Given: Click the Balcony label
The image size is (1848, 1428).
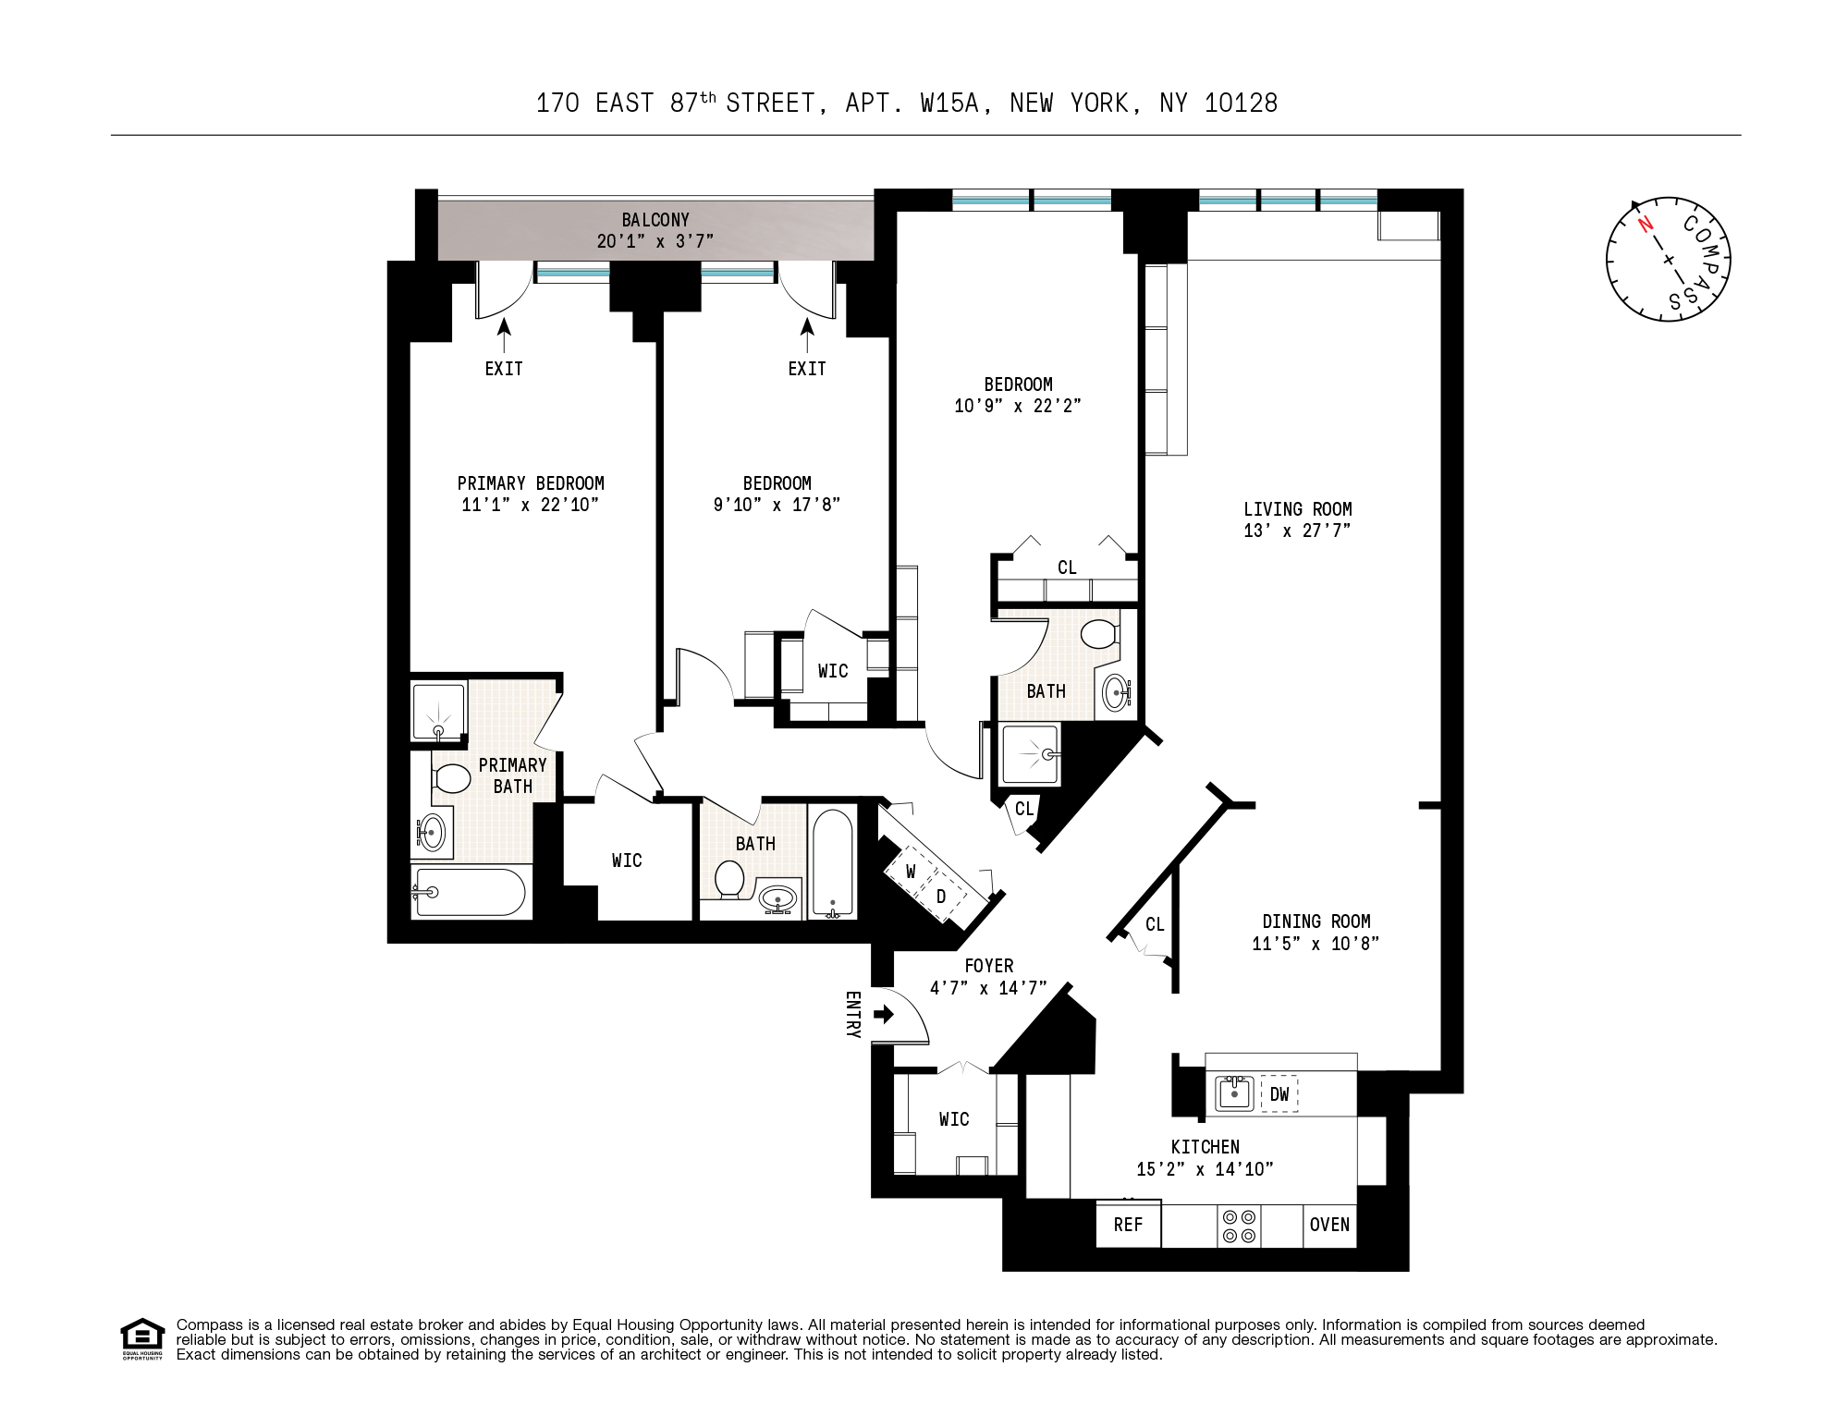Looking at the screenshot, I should click(x=655, y=220).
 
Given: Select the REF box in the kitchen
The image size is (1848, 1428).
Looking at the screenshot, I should click(x=1128, y=1225).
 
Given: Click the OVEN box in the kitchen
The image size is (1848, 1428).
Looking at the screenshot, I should click(x=1329, y=1225).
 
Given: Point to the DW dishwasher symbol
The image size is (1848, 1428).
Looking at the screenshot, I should click(x=1279, y=1094).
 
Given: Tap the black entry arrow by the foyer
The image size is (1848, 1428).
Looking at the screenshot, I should click(x=884, y=1015).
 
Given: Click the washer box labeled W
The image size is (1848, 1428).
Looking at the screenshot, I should click(x=911, y=872).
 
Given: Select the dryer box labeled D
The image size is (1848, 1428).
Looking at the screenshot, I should click(x=941, y=897).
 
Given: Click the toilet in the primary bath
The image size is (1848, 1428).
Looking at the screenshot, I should click(x=451, y=778).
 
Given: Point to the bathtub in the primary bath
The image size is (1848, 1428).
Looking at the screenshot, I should click(x=470, y=892).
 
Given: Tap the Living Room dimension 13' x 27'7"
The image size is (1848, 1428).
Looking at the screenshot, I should click(x=1297, y=531).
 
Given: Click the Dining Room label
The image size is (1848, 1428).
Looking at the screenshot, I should click(x=1316, y=921).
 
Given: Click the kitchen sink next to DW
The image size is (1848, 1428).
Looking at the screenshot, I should click(x=1233, y=1093).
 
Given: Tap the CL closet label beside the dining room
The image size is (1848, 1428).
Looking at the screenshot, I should click(x=1155, y=924).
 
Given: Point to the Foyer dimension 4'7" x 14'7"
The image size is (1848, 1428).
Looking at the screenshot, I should click(x=988, y=988).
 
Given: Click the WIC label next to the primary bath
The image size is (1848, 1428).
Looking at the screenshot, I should click(x=627, y=860).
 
